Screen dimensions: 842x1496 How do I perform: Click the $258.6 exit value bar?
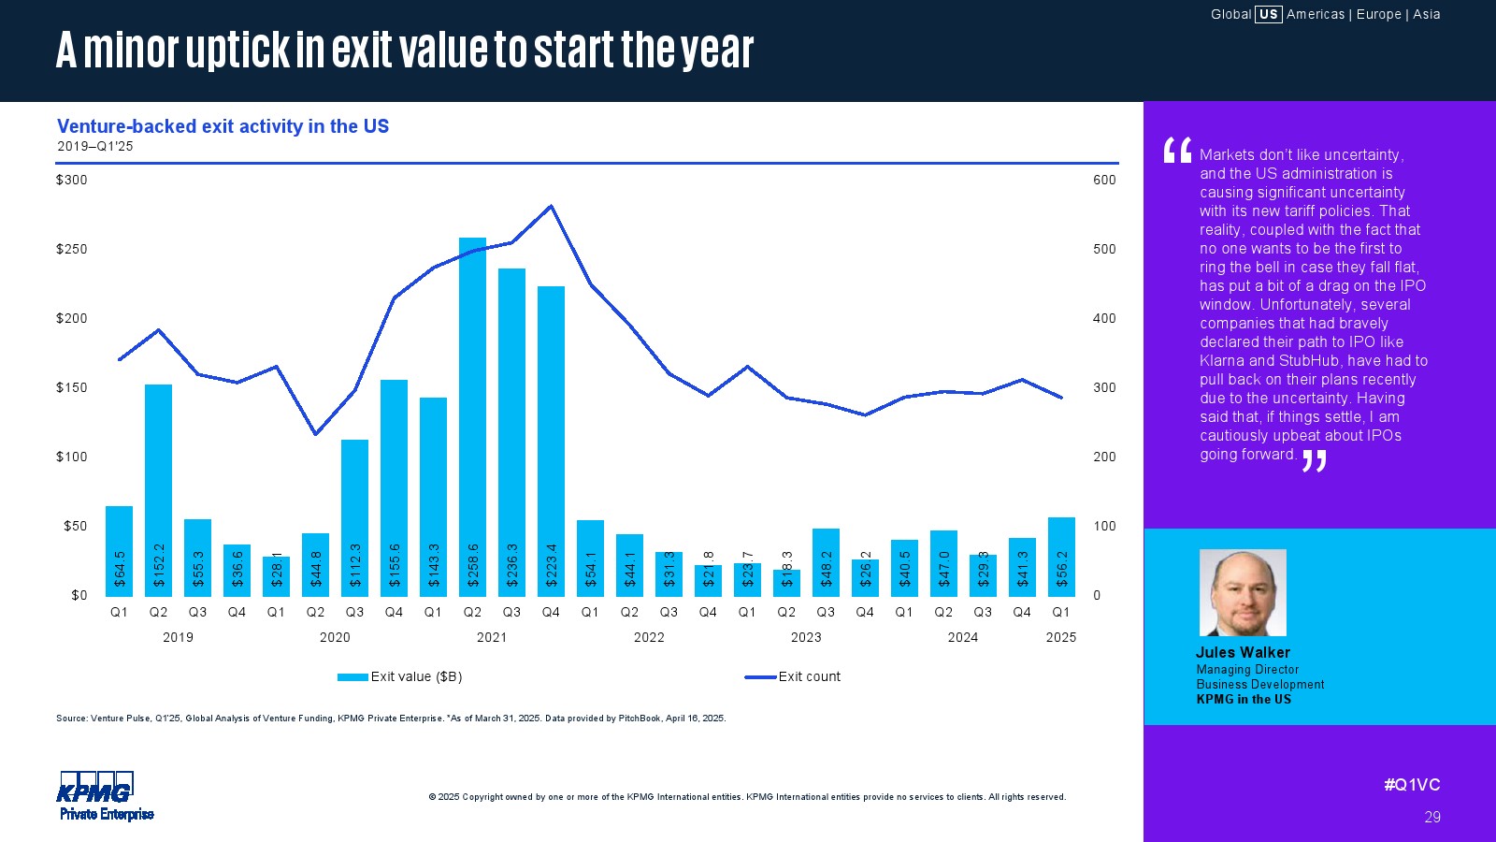click(x=472, y=416)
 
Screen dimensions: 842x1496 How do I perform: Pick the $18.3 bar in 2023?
click(x=786, y=582)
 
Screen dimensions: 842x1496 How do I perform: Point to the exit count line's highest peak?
click(x=551, y=207)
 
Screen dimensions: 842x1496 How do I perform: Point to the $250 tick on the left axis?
click(x=72, y=249)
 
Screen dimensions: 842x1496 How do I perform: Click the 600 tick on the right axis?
click(x=1104, y=180)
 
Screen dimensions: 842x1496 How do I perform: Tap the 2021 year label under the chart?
click(x=492, y=637)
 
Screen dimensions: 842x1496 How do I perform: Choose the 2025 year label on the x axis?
click(x=1061, y=637)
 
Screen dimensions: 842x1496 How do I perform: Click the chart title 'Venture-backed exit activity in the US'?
click(x=223, y=126)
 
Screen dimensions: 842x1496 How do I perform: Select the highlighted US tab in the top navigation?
click(x=1268, y=14)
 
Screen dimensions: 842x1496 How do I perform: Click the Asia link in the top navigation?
click(x=1427, y=14)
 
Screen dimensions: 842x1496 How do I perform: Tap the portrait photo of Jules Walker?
click(x=1243, y=592)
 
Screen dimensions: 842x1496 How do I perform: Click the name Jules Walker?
click(x=1243, y=652)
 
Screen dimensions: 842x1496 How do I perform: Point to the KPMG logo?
click(x=96, y=789)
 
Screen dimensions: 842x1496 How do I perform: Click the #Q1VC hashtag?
click(x=1412, y=785)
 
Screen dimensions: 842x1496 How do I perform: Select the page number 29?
click(x=1432, y=817)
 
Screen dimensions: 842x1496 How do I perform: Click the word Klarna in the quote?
click(x=1221, y=360)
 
